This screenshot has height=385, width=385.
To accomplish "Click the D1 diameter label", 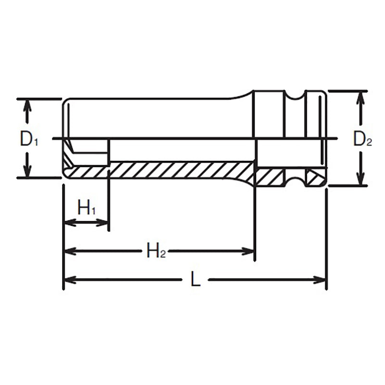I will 29,139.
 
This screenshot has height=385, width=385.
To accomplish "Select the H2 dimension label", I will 156,251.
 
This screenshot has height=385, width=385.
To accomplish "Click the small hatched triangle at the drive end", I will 314,179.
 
